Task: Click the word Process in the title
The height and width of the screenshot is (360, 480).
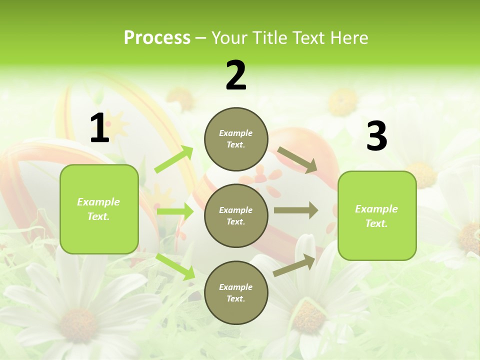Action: pos(157,38)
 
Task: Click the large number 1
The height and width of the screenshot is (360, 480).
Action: pos(99,128)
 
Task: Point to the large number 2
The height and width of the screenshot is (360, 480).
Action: pos(236,75)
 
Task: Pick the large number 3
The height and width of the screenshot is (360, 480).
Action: pos(376,136)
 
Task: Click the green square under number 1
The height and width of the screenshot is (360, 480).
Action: pos(99,209)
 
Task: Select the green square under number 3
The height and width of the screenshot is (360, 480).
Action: pos(377,216)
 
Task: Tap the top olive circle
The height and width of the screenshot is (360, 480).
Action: pos(236,139)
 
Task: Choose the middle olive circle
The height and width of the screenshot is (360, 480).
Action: pos(236,216)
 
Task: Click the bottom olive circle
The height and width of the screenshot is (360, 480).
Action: pos(236,293)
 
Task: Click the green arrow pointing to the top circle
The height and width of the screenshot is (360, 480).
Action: pos(174,159)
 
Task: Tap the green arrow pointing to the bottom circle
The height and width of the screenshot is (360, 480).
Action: pos(175,266)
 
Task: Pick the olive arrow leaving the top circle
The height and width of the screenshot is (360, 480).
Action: pos(297,159)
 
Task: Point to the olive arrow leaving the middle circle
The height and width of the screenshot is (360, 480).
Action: pos(296,210)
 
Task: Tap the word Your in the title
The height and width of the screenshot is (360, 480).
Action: pos(228,38)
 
